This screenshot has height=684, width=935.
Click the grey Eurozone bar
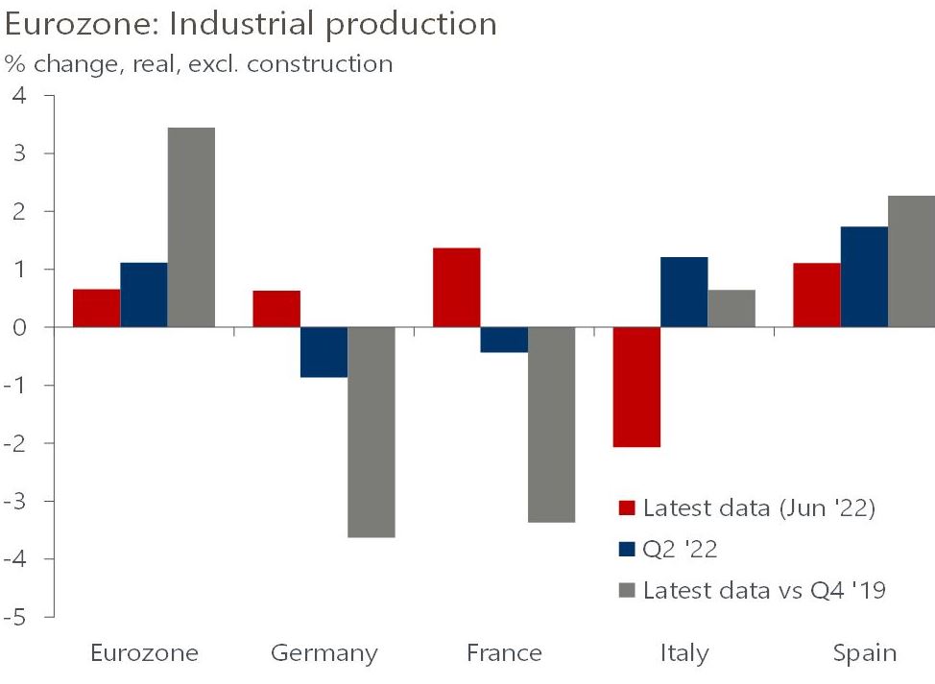tap(191, 227)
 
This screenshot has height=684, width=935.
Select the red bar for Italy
tap(636, 387)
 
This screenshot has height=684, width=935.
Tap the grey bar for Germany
tap(372, 432)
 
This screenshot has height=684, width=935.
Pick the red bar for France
tap(457, 287)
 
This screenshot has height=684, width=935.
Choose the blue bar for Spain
tap(864, 276)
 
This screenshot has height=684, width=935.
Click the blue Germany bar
tap(324, 352)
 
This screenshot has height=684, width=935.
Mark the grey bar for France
tap(551, 424)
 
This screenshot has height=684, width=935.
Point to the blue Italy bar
tap(684, 292)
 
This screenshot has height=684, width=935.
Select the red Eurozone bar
tap(97, 308)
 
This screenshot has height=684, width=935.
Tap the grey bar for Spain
tap(912, 261)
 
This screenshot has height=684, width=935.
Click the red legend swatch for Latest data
tap(628, 508)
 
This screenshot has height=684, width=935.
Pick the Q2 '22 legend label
tap(681, 550)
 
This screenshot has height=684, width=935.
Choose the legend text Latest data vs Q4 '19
tap(764, 590)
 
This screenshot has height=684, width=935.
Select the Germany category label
tap(324, 654)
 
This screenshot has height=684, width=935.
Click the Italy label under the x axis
tap(684, 654)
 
